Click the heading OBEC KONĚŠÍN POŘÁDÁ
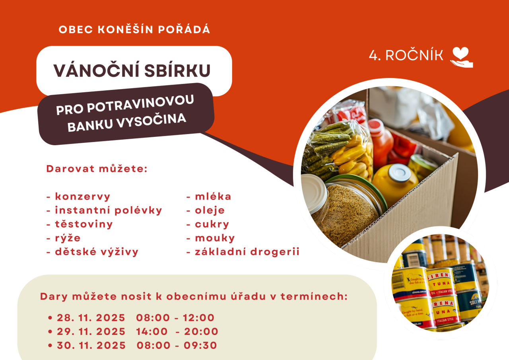click(134, 29)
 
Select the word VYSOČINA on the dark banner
click(152, 122)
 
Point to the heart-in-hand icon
click(462, 57)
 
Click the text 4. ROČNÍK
click(406, 55)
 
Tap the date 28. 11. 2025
click(91, 318)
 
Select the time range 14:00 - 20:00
click(177, 332)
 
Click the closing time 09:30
click(200, 345)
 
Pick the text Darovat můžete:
click(97, 169)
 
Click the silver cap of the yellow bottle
click(400, 173)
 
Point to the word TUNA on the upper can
click(441, 284)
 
